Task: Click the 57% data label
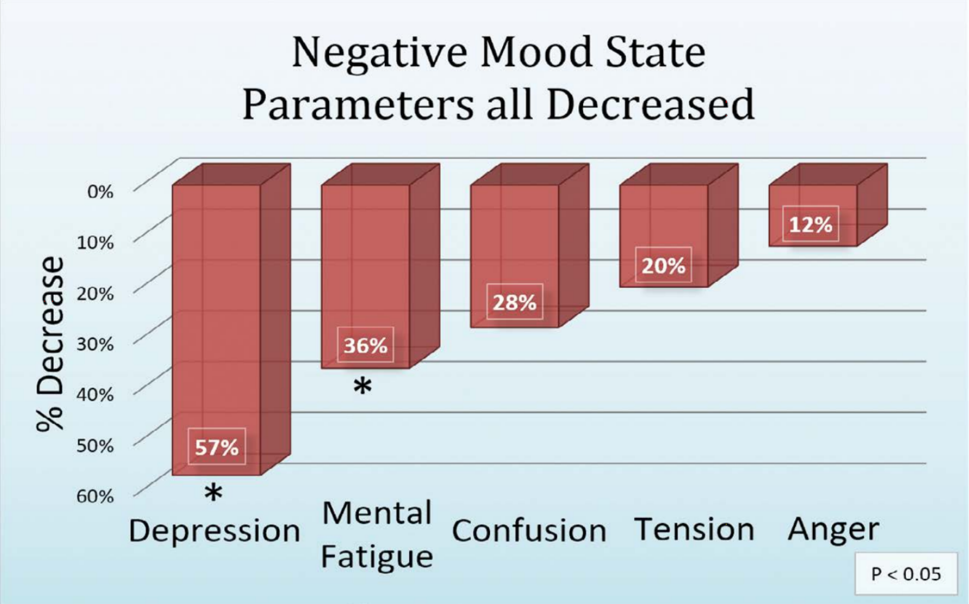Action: (x=217, y=447)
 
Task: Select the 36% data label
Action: (x=365, y=345)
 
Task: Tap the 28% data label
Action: (x=514, y=302)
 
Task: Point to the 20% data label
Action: (x=663, y=266)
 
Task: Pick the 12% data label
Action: (x=810, y=224)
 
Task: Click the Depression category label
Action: (x=215, y=531)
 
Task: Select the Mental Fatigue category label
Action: (x=377, y=535)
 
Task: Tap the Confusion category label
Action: (x=529, y=531)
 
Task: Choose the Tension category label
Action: (x=694, y=529)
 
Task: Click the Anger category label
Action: (x=834, y=529)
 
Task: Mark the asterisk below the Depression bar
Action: (x=214, y=493)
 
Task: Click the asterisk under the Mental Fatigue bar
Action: (x=363, y=387)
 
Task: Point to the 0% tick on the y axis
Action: (x=100, y=191)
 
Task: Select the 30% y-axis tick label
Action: (x=95, y=344)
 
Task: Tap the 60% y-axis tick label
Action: (x=95, y=496)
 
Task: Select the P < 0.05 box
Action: (x=906, y=574)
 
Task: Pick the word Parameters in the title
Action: (x=357, y=104)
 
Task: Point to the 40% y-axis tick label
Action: (x=95, y=394)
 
